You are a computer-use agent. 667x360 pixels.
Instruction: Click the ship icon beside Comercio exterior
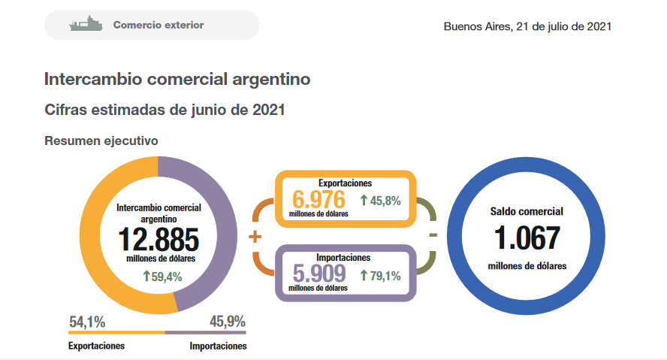pos(84,25)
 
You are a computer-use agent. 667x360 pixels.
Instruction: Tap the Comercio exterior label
pos(158,25)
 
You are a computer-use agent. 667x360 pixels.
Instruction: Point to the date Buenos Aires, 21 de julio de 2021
pos(527,26)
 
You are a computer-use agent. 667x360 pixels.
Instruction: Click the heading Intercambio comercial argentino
pos(177,79)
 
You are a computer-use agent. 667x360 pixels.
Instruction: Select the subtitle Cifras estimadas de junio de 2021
pos(164,110)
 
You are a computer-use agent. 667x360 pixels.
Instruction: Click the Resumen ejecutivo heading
pos(101,140)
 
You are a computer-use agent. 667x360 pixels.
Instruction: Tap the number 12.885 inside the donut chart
pos(158,240)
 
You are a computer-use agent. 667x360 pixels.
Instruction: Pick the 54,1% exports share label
pos(87,322)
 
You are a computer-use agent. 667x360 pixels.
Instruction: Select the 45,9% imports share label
pos(228,322)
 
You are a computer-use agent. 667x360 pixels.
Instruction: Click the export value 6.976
pos(318,200)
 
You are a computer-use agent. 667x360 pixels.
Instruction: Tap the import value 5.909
pos(318,274)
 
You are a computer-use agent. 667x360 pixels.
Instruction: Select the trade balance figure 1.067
pos(527,238)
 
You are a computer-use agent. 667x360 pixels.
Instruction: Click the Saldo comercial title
pos(527,212)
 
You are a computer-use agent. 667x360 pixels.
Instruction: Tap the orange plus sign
pos(255,237)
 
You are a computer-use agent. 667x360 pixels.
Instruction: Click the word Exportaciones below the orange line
pos(96,346)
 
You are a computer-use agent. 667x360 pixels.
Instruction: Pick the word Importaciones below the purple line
pos(218,346)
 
